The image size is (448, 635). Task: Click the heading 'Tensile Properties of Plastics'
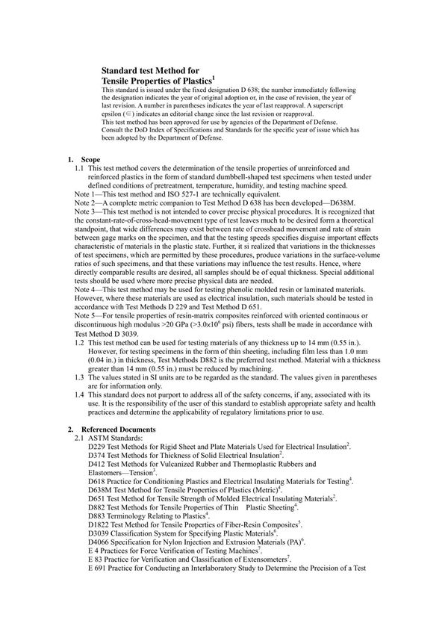(158, 78)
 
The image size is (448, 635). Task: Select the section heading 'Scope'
(93, 159)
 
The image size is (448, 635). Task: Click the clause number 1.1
(80, 169)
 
